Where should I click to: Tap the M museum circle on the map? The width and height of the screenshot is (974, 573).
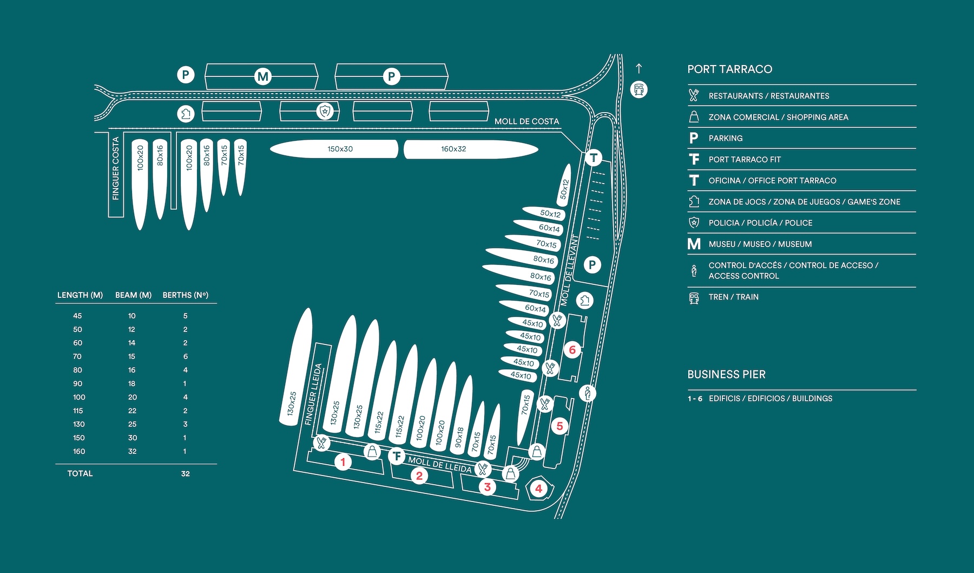[263, 77]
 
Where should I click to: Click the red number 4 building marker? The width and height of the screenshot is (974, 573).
[538, 489]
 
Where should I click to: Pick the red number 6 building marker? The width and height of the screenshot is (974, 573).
[572, 350]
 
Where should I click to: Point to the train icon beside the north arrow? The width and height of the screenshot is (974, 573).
[639, 89]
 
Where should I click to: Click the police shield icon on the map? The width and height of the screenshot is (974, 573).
[325, 112]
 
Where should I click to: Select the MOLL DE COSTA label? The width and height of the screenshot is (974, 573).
[527, 121]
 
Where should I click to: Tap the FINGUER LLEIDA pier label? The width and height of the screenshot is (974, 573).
[313, 394]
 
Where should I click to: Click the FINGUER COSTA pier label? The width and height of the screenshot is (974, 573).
[116, 168]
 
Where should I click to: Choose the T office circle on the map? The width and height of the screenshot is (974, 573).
[594, 158]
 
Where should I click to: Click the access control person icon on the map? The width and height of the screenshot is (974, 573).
[587, 393]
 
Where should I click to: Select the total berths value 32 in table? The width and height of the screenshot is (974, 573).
[185, 473]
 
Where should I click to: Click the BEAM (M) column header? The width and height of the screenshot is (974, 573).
[133, 295]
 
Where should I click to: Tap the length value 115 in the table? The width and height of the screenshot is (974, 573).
[78, 411]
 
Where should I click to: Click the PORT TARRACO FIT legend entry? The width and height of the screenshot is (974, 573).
[745, 159]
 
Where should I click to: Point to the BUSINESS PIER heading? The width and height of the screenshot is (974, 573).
[726, 374]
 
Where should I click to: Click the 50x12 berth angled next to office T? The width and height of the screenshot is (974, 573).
[564, 185]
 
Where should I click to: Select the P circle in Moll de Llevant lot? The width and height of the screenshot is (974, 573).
[592, 265]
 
